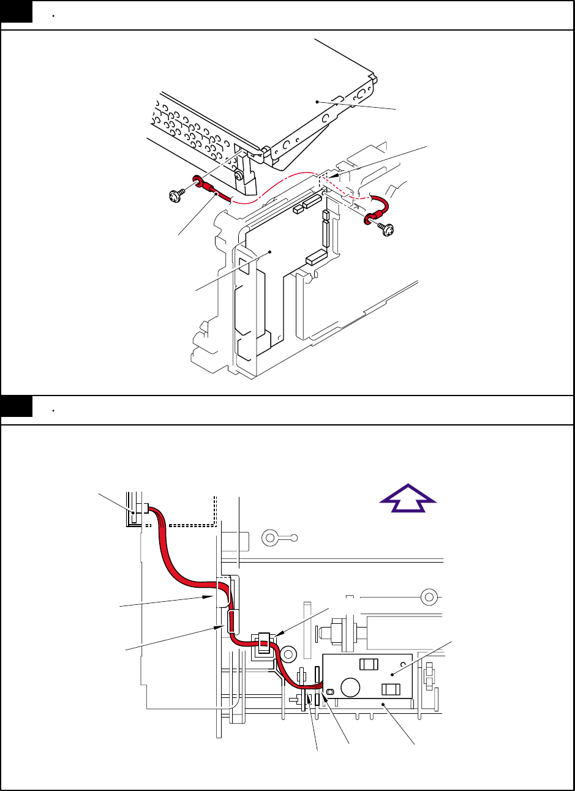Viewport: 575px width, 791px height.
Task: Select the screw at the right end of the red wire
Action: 386,230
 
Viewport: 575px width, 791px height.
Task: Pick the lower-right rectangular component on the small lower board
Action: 390,689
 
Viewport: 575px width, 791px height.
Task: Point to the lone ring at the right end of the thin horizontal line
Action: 429,595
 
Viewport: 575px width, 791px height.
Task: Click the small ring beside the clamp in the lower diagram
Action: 288,654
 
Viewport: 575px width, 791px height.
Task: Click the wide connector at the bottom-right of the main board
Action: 315,257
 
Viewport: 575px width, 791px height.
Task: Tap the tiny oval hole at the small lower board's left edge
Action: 330,691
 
